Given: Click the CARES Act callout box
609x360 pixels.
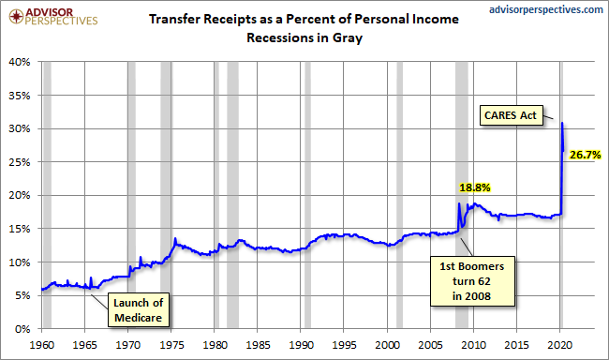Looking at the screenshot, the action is click(x=512, y=115).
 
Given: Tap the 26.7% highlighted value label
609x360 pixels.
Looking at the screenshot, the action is click(x=585, y=155).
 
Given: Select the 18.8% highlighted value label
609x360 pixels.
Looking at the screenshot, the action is click(x=475, y=187).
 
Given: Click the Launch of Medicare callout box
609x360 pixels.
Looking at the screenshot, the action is click(x=139, y=310).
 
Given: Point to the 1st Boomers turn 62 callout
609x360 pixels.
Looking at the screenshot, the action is click(x=472, y=281).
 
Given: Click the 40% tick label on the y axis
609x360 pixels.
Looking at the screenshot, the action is click(x=20, y=62).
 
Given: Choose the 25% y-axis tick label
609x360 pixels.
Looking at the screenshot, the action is click(x=20, y=162).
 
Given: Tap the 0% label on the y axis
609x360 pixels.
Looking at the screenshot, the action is click(x=22, y=329).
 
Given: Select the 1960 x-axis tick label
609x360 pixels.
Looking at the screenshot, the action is click(x=42, y=345).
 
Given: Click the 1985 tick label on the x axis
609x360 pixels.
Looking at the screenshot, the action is click(x=258, y=345).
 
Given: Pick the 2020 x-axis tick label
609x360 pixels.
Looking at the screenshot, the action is click(x=559, y=345).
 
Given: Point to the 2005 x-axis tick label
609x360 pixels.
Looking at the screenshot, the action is click(x=430, y=345).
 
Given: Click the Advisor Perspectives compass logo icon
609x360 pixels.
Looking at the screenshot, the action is click(x=16, y=16).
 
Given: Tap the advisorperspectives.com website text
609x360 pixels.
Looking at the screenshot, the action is click(x=545, y=9).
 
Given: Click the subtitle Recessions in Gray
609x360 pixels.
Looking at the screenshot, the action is click(x=304, y=37).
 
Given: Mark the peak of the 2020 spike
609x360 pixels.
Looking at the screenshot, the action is click(x=562, y=123).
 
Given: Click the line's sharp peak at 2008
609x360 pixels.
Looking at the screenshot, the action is click(x=459, y=203).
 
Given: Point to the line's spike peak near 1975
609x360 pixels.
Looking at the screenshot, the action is click(x=175, y=238).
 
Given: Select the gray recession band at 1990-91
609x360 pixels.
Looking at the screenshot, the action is click(x=307, y=195).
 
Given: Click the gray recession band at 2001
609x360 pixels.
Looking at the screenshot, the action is click(x=399, y=195).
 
